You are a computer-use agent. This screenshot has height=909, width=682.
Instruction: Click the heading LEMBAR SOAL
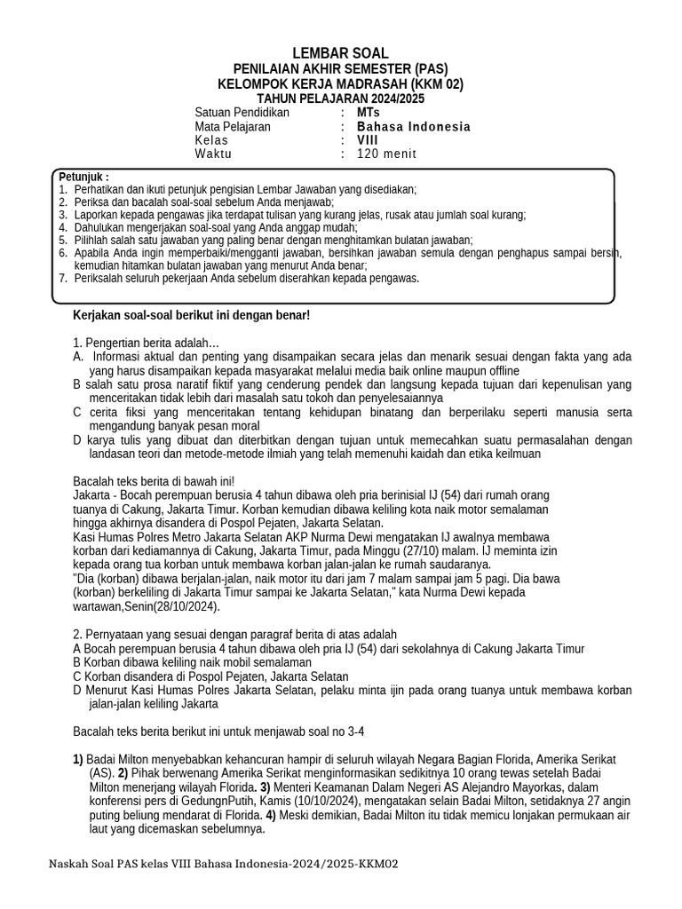click(x=340, y=53)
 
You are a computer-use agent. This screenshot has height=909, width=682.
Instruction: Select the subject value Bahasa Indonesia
click(x=413, y=127)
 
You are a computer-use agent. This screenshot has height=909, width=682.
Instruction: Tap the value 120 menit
click(x=386, y=154)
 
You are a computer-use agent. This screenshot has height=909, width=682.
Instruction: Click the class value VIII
click(x=367, y=140)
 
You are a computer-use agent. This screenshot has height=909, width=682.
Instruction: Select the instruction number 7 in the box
click(x=63, y=278)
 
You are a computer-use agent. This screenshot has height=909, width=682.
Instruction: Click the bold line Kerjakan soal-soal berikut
click(x=191, y=315)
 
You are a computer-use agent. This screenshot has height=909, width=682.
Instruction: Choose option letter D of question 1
click(x=78, y=440)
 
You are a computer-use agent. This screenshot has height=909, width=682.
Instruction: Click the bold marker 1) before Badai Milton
click(x=78, y=760)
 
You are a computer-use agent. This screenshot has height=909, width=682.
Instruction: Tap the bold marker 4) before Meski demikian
click(x=270, y=816)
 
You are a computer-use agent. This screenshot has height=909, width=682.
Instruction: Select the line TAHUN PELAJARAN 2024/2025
click(x=340, y=98)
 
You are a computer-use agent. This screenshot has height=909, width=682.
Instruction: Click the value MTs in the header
click(x=368, y=113)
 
